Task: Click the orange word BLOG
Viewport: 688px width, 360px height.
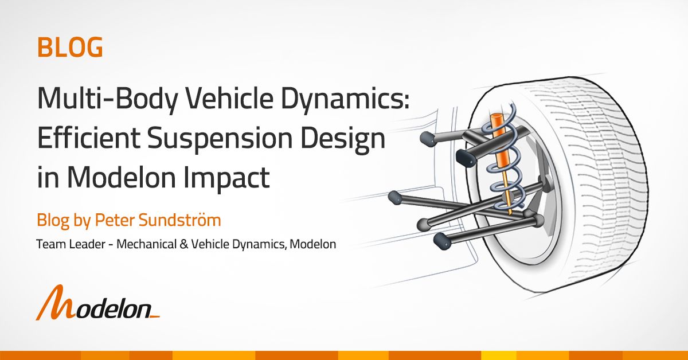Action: (70, 47)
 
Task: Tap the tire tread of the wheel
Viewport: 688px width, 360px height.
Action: (619, 172)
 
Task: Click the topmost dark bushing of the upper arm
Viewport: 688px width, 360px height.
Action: (427, 138)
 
